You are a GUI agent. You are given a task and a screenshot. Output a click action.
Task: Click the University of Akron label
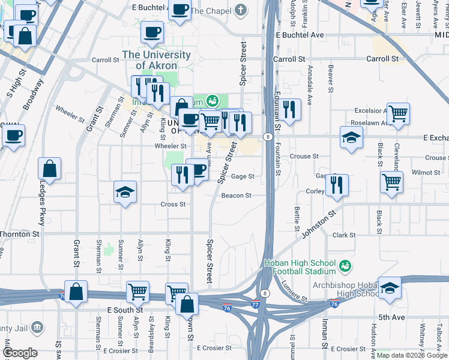tap(157, 60)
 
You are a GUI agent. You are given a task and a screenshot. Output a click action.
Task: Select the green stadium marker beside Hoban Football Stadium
tap(345, 265)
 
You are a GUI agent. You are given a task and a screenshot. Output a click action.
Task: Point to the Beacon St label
tap(236, 196)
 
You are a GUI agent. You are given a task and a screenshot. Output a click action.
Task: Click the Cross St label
tap(173, 204)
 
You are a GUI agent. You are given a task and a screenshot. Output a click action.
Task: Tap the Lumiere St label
tap(294, 291)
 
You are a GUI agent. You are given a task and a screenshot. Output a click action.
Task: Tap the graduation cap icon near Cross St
tap(125, 192)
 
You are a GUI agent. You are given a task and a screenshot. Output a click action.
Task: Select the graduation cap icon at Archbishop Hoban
tap(390, 289)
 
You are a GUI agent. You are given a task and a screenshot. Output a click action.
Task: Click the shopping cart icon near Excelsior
tap(398, 113)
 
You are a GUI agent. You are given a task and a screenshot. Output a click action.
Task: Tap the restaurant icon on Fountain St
tap(289, 109)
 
